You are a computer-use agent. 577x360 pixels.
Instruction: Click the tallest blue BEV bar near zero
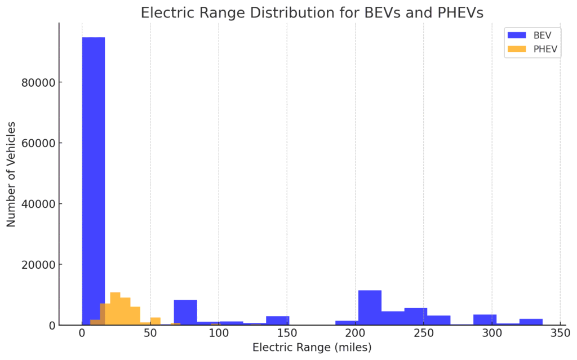(94, 180)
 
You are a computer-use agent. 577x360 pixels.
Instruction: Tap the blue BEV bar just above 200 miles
(370, 308)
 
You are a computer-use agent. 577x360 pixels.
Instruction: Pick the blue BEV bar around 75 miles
(185, 312)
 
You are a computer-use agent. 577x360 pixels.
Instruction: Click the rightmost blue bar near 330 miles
(531, 322)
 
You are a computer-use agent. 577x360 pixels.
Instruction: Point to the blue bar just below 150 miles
(277, 321)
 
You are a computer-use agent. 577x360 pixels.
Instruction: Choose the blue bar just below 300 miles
(485, 319)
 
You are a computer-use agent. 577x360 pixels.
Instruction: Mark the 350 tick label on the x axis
(560, 334)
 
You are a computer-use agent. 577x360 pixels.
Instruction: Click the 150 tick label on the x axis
(287, 334)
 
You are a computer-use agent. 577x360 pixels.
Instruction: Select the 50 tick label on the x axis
(150, 334)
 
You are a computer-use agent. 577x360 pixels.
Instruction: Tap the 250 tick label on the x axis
(423, 334)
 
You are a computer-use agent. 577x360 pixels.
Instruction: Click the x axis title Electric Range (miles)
(312, 348)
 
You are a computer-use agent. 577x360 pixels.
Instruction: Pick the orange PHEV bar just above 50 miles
(156, 321)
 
